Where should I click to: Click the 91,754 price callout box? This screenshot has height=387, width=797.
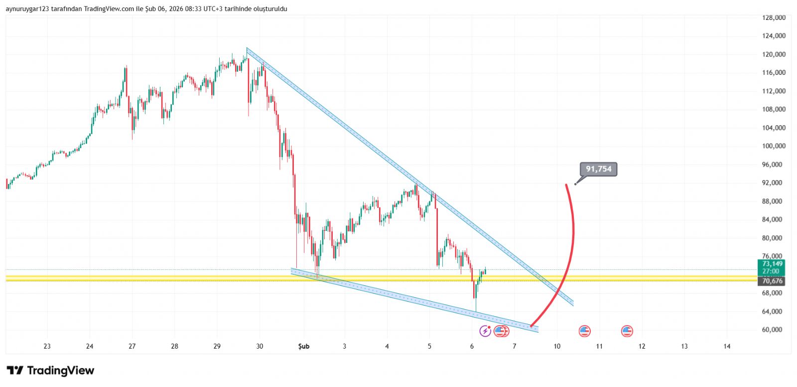tap(598, 169)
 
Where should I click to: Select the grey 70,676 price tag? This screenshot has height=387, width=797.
tap(772, 281)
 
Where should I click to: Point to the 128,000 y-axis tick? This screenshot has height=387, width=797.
tap(774, 17)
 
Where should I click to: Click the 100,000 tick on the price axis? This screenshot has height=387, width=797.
tap(774, 146)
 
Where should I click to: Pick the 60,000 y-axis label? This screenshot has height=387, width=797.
tap(774, 330)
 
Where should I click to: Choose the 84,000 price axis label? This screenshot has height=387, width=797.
tap(774, 219)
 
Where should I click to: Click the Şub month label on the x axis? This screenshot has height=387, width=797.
tap(303, 346)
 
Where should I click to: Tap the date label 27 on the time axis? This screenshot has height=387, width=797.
tap(132, 346)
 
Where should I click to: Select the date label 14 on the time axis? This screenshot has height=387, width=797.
tap(727, 346)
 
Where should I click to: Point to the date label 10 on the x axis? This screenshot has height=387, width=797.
tap(557, 346)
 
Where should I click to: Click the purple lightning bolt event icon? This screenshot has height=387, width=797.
tap(485, 331)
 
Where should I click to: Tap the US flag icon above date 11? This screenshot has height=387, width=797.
tap(584, 331)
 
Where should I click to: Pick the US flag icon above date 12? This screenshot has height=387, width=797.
tap(627, 331)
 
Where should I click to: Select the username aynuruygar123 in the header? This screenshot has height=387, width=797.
tap(27, 9)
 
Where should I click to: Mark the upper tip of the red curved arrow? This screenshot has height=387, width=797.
tap(566, 185)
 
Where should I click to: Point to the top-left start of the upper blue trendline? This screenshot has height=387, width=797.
tap(247, 48)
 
